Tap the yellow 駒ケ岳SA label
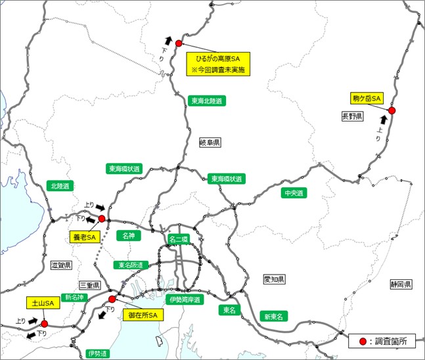367,98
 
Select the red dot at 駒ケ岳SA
391,110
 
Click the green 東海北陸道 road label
206,101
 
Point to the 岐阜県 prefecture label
210,142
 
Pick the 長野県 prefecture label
352,116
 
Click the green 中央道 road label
293,193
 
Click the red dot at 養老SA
102,218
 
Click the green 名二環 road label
178,239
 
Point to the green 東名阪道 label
129,265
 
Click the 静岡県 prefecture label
399,284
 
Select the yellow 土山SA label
39,304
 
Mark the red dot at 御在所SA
112,298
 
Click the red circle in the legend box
362,342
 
